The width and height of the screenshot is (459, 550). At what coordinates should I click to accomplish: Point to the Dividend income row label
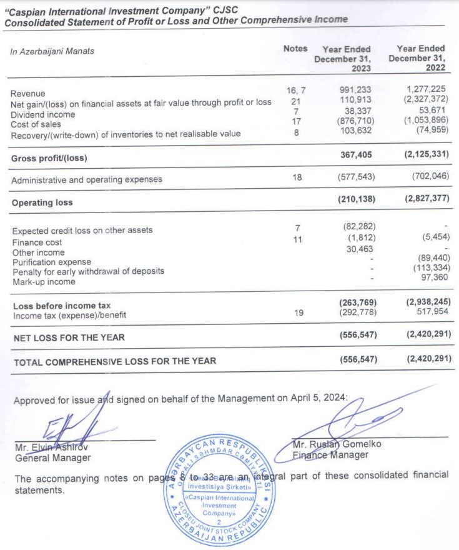[43, 114]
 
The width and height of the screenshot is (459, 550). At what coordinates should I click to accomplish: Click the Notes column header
[295, 48]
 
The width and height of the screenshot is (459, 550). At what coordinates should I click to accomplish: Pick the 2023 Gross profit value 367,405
[358, 157]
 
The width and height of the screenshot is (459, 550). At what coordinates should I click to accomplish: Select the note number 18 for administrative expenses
[297, 177]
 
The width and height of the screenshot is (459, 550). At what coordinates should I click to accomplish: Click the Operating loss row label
[42, 202]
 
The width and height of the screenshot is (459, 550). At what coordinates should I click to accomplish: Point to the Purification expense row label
[52, 262]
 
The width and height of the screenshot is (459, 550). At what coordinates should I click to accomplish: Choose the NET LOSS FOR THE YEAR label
[69, 337]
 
